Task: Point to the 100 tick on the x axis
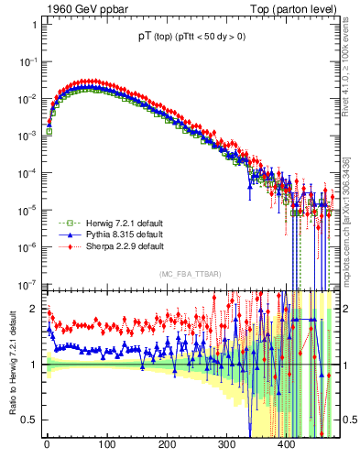coord(106,446)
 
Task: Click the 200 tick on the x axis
coord(167,446)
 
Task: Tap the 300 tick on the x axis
coord(226,446)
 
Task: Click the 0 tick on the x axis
coord(47,446)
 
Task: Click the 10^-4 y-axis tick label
coord(28,173)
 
